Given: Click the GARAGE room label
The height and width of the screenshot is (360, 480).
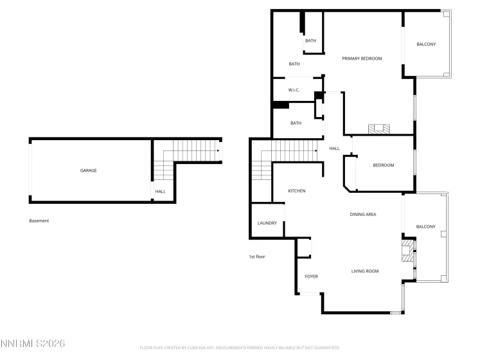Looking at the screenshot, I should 88,170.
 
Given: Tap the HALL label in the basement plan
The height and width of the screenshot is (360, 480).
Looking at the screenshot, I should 160,191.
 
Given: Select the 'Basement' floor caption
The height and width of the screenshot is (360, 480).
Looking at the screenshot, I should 39,221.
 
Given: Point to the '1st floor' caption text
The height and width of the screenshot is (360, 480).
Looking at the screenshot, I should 257,256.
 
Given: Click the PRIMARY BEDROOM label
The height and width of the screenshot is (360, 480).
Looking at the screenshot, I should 362,59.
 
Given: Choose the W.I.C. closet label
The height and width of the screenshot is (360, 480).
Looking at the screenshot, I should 294,90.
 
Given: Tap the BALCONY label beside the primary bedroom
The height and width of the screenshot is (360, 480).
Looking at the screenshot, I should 426,44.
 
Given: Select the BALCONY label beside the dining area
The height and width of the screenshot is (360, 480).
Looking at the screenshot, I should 425,226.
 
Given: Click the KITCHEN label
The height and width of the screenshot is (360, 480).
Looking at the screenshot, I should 296,191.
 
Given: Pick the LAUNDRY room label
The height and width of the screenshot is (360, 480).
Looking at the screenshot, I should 267,223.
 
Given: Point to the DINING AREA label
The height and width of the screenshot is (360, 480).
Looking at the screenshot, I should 362,214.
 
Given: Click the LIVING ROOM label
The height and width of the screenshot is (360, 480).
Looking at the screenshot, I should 364,271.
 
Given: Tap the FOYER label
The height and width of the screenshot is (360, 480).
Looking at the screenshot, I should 311,276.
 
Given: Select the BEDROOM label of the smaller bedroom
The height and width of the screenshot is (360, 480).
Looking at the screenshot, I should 383,165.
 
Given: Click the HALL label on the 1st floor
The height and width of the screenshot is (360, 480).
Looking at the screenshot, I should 334,148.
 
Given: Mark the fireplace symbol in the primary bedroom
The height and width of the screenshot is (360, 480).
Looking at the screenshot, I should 378,129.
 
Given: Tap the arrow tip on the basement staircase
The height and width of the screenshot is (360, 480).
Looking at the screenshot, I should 219,152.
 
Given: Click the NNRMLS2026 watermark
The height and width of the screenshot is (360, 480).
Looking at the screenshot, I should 33,344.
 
